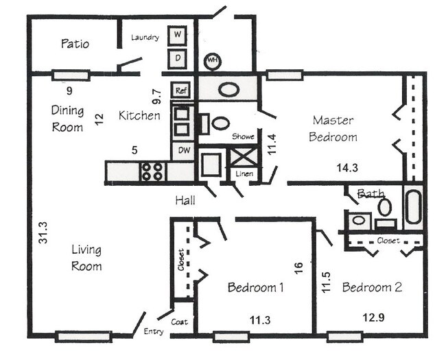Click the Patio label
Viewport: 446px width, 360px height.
point(75,44)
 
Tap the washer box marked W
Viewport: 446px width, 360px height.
point(177,34)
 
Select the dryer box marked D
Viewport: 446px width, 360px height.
point(177,58)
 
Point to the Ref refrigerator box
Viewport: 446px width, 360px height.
point(181,91)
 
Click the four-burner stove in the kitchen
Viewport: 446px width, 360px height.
point(154,171)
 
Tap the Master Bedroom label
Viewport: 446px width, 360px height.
point(333,128)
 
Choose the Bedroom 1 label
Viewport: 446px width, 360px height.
point(255,288)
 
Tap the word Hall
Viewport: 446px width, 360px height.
point(185,201)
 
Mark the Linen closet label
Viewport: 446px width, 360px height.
point(244,174)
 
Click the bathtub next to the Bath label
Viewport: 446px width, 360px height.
point(412,207)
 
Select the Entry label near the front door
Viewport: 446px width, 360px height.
point(154,333)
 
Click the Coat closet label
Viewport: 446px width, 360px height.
point(180,322)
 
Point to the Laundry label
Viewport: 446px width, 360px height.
point(145,37)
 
